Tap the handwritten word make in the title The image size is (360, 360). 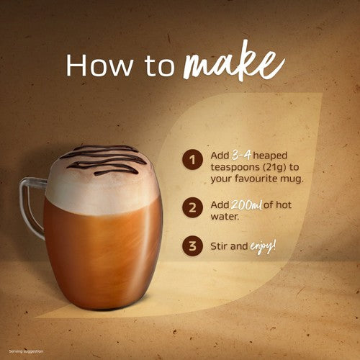click(234, 63)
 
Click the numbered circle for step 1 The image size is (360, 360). click(192, 160)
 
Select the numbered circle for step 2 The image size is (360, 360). click(192, 208)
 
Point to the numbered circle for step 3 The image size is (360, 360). click(192, 246)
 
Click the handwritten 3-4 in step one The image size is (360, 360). click(241, 156)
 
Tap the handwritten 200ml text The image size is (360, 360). click(246, 205)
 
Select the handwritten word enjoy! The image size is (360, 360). click(263, 246)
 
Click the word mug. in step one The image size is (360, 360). click(292, 179)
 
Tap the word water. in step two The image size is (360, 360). click(225, 217)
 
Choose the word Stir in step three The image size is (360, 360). click(217, 246)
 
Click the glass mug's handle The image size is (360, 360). click(24, 207)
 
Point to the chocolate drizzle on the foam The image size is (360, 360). click(103, 160)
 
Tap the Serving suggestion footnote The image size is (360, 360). click(26, 351)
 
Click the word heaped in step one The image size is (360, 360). click(270, 156)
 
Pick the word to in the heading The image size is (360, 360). click(159, 66)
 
